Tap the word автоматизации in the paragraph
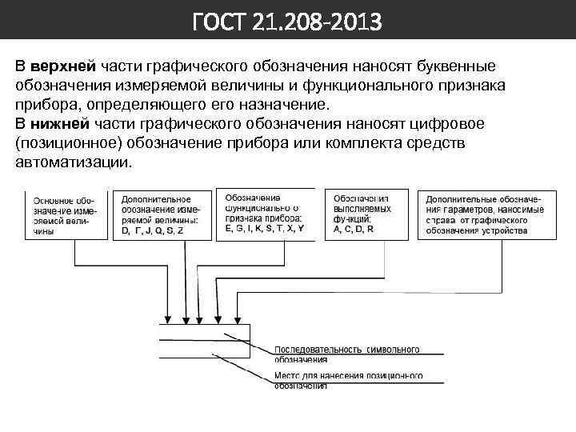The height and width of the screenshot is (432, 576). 70,162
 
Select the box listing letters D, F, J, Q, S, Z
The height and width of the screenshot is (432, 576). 166,214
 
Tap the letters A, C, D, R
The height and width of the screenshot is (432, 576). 354,230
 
